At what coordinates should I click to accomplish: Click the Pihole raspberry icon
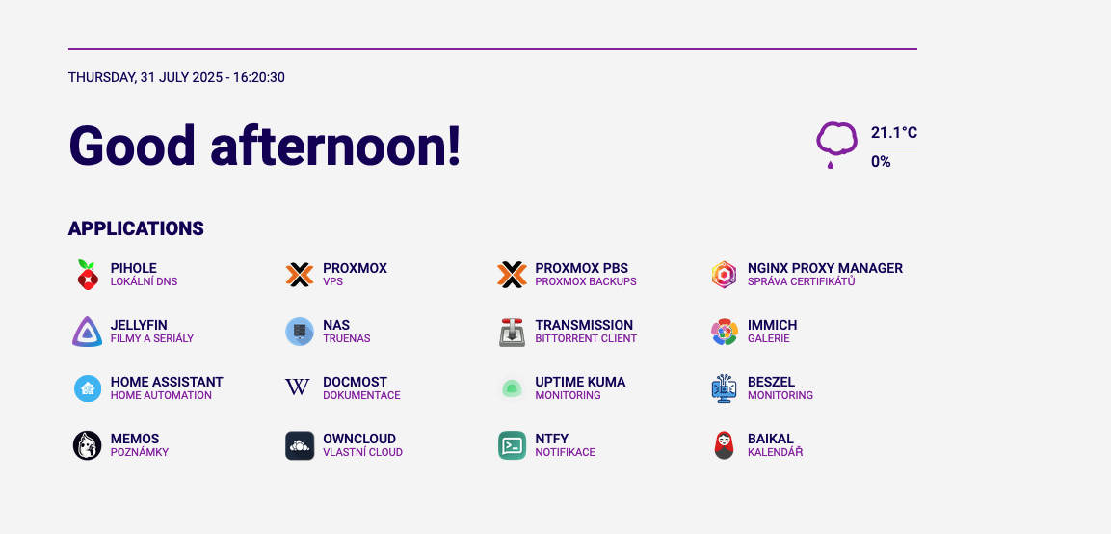click(87, 275)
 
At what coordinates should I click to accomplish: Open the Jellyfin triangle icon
click(87, 332)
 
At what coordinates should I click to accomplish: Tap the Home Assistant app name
click(167, 383)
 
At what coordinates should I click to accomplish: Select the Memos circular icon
click(87, 445)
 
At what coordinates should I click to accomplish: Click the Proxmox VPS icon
click(300, 275)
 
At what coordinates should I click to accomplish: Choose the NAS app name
click(336, 326)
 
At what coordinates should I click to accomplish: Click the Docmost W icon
click(298, 387)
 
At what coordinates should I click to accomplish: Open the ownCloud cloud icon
click(300, 445)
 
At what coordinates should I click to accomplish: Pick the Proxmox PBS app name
click(582, 269)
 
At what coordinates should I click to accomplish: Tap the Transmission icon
click(513, 332)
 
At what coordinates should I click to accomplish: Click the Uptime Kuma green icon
click(513, 387)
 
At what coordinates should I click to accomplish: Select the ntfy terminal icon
click(513, 445)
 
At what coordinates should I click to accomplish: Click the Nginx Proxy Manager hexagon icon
click(725, 275)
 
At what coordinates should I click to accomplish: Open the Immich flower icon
click(725, 332)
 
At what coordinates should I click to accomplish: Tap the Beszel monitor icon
click(725, 388)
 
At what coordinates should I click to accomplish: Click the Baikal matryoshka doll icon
click(725, 445)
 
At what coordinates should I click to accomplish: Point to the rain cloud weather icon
click(836, 145)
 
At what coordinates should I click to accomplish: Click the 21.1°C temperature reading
click(894, 133)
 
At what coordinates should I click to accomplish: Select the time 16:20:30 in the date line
click(258, 77)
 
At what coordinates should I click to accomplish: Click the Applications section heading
click(136, 228)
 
